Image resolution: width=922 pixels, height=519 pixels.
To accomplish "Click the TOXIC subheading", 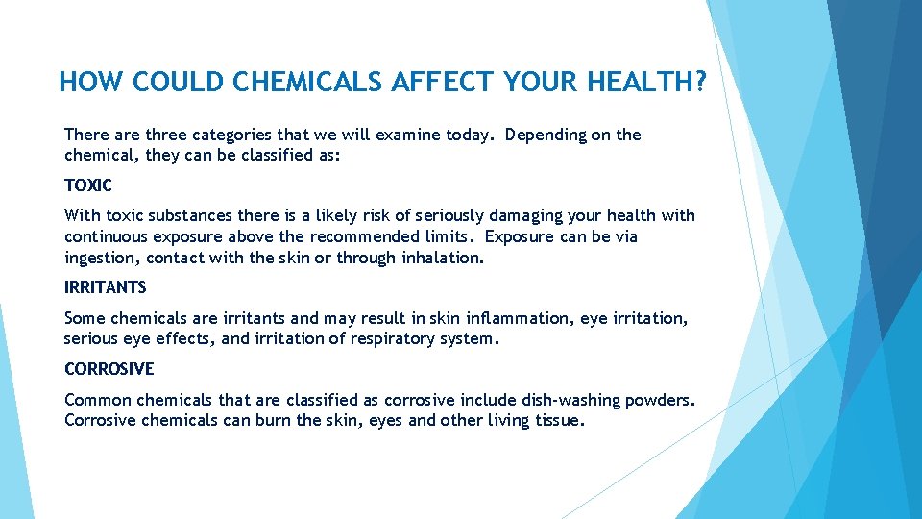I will click(88, 185).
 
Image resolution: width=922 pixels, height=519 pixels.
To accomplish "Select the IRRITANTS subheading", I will click(105, 287).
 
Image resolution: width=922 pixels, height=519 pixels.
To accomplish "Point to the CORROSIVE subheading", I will click(109, 369).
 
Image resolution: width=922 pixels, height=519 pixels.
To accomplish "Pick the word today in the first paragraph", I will click(471, 135).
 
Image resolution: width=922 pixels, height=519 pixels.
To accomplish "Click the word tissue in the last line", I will click(557, 421).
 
